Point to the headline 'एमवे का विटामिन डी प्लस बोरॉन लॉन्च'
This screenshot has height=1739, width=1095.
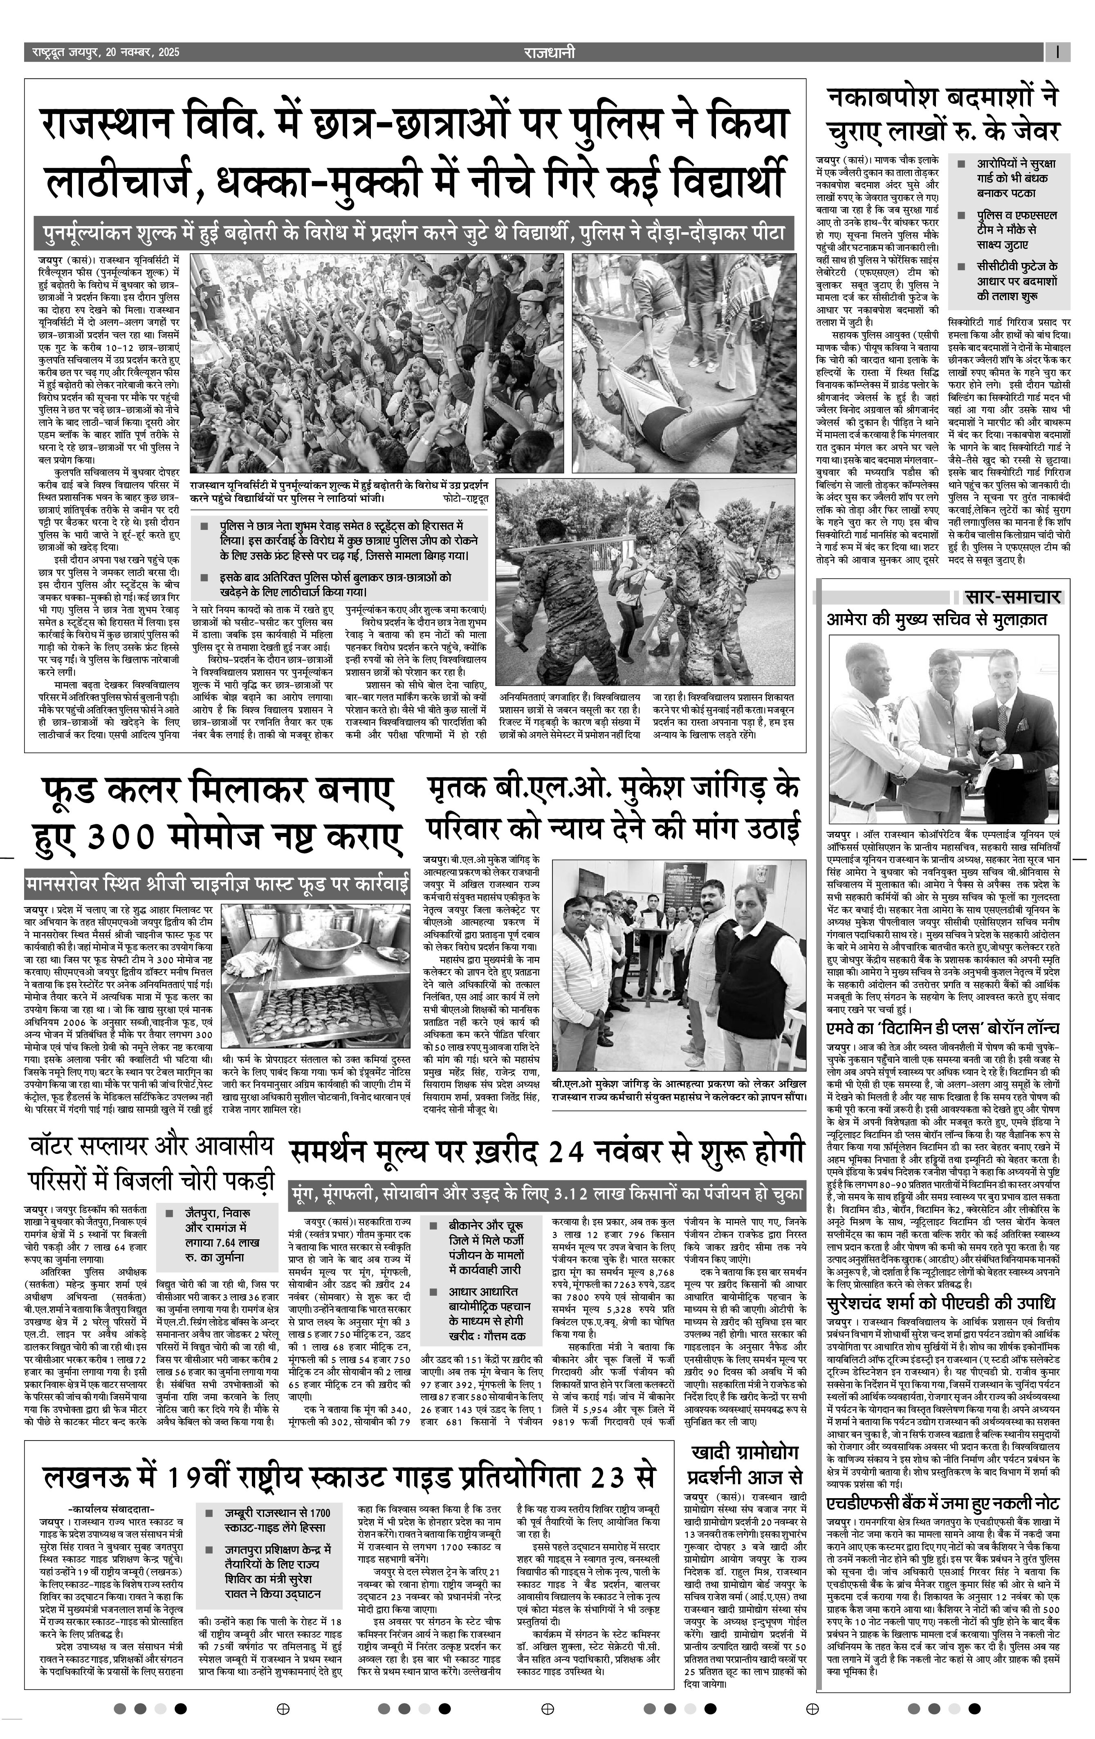942,1028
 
